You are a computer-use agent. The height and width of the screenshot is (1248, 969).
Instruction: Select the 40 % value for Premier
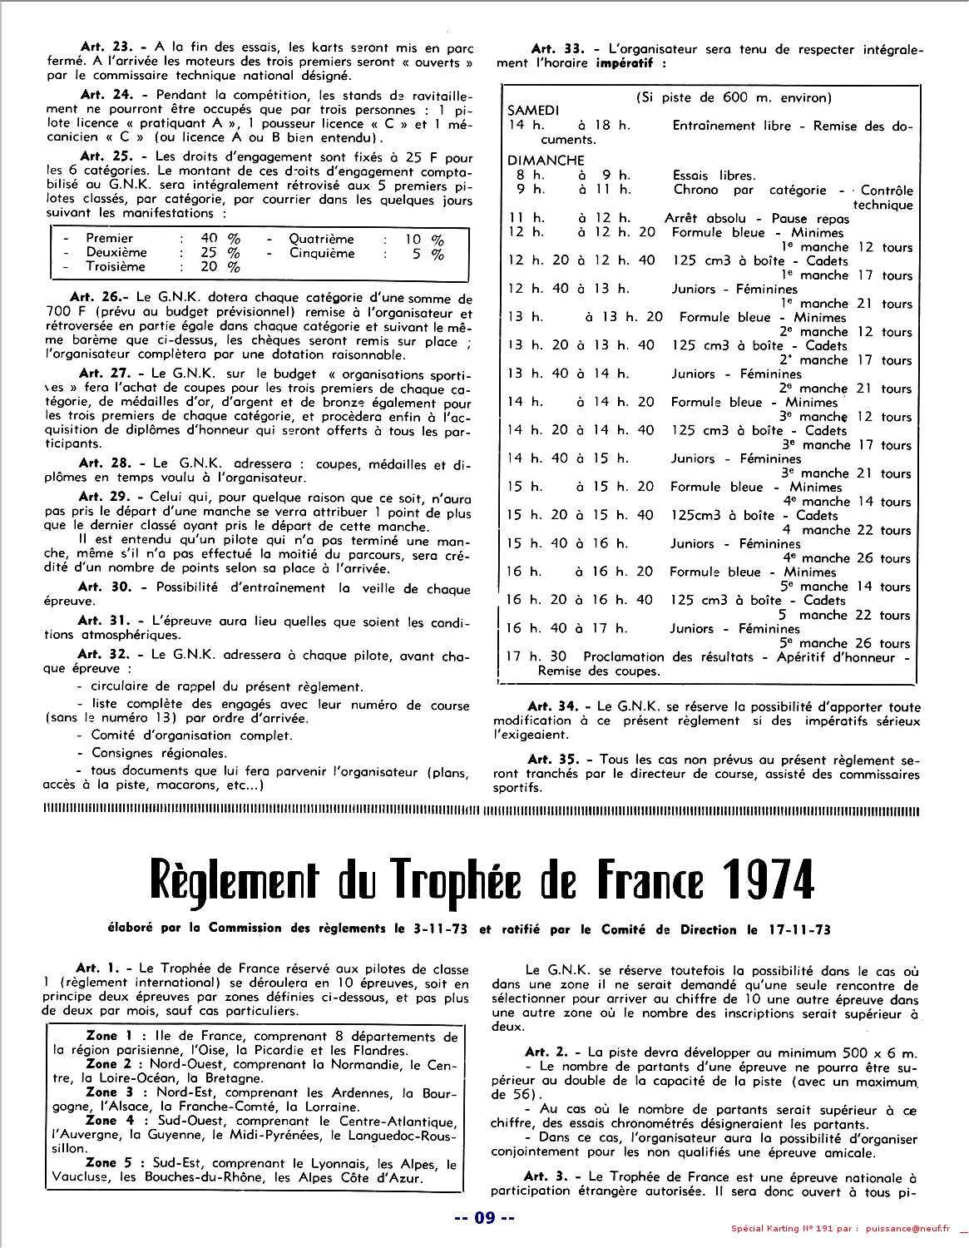click(x=220, y=239)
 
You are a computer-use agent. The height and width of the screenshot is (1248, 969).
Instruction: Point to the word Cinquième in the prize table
click(x=322, y=253)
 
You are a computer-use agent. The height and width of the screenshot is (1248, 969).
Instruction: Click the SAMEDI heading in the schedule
click(x=533, y=111)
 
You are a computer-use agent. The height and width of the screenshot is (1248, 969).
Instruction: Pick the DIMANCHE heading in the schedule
click(x=546, y=160)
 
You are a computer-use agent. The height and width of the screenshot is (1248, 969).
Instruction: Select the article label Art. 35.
click(x=551, y=759)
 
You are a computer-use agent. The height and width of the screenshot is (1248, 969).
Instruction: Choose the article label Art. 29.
click(x=101, y=497)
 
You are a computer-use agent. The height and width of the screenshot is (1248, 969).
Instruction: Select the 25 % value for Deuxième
click(x=220, y=253)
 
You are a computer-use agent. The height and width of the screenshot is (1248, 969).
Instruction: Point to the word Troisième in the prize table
click(x=116, y=267)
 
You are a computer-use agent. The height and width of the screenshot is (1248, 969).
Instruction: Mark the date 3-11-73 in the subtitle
click(x=440, y=929)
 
